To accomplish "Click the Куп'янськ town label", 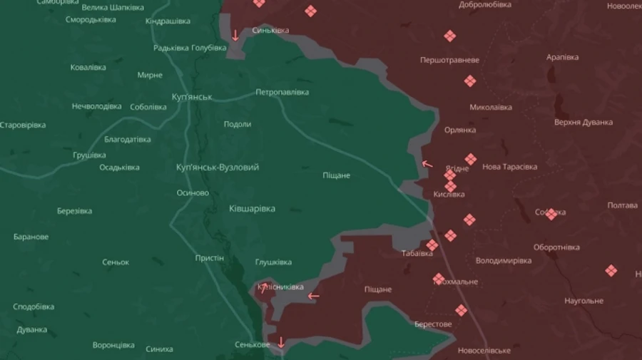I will tap(193, 96).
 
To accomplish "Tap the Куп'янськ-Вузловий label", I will tap(218, 167).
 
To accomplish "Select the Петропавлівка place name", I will tap(282, 93).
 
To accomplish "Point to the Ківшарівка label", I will tap(252, 209).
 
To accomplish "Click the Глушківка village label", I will tap(273, 262).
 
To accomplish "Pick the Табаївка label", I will tap(417, 253).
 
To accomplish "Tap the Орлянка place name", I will tap(460, 130).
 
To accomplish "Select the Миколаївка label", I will tap(491, 108).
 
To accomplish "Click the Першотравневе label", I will tap(449, 60).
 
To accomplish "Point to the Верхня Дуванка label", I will tap(584, 122).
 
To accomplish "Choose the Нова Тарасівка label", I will tap(510, 167).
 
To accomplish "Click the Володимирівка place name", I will tap(504, 261).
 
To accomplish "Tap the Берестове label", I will tap(433, 324).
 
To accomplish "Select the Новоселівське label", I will tap(484, 351).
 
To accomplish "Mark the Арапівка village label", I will tap(562, 57).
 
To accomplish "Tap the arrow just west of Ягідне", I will tap(427, 164).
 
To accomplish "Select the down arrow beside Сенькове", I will tap(281, 342).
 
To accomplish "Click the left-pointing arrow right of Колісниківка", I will tap(314, 296).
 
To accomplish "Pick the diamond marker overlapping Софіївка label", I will tap(551, 213).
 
